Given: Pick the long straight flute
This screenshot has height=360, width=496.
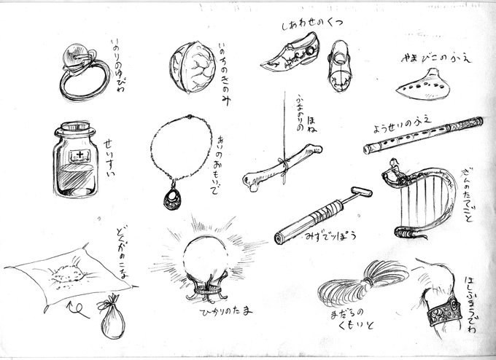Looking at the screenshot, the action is point(423,135).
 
